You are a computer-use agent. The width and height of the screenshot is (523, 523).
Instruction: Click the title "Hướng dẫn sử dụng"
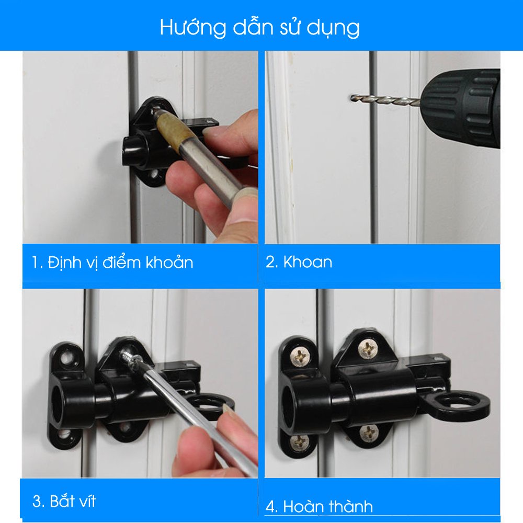point(260,27)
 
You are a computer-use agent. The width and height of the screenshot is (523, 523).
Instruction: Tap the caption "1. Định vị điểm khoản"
point(112,263)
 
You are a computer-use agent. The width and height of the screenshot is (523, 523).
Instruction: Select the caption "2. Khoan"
point(299,262)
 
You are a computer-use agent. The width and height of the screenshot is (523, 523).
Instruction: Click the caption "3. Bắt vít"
point(64,501)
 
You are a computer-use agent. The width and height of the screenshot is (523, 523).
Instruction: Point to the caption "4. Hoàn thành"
point(319,506)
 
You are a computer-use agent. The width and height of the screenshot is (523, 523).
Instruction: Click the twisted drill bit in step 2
point(385,99)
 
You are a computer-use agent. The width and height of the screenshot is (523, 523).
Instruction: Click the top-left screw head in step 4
point(300,356)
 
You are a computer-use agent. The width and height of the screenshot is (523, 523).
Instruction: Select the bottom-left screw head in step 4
point(300,442)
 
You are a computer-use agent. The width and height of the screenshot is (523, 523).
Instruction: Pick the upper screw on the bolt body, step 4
point(368,349)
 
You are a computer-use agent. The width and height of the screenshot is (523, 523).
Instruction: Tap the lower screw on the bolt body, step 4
point(369,433)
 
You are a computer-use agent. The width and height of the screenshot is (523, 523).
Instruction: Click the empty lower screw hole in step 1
point(154,174)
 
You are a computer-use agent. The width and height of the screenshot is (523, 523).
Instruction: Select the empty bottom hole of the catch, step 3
point(64,434)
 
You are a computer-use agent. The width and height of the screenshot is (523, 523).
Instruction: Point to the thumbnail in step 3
point(228,410)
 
